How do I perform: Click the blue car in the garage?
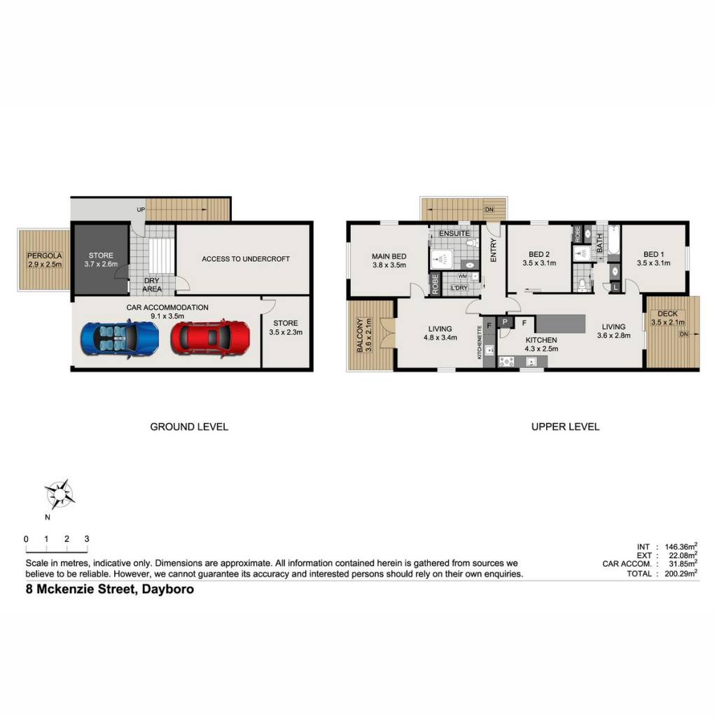pos(120,339)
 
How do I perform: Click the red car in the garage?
pos(210,338)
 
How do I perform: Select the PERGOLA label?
pos(44,256)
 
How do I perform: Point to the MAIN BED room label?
pos(389,256)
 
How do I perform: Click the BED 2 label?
pos(539,254)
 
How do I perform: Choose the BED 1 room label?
pos(653,254)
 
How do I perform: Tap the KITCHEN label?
pos(541,340)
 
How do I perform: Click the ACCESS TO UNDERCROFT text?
pos(246,259)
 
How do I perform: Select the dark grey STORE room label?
pos(101,256)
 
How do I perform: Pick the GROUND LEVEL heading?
pos(189,427)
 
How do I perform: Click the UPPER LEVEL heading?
pos(565,427)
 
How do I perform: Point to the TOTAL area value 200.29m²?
pos(681,573)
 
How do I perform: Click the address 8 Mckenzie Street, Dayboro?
pos(110,589)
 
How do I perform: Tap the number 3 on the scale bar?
pos(87,539)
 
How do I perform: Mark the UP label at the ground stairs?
pos(141,209)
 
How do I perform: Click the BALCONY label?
pos(360,335)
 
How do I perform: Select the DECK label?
pos(667,314)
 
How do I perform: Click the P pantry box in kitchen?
pos(505,322)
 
